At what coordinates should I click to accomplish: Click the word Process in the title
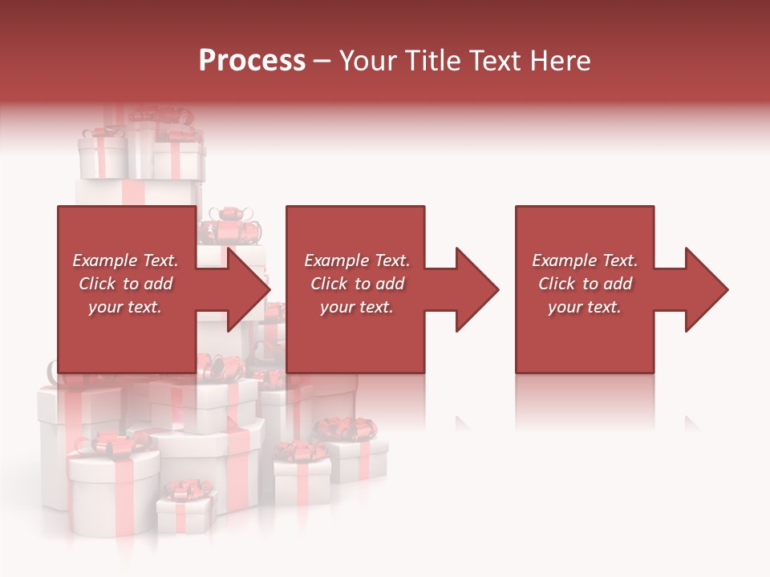252,61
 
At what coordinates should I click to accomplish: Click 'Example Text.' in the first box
125,260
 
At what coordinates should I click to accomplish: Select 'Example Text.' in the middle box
357,260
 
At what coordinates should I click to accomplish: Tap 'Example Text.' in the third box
585,260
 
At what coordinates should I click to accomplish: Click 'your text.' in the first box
125,307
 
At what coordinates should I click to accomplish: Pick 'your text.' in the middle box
357,307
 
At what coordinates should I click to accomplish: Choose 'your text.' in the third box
585,307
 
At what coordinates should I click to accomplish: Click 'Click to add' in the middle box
357,284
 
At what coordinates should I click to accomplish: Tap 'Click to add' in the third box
585,284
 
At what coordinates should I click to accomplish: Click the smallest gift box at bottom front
184,513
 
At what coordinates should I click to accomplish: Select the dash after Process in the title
322,61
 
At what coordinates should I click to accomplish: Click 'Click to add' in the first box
125,284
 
